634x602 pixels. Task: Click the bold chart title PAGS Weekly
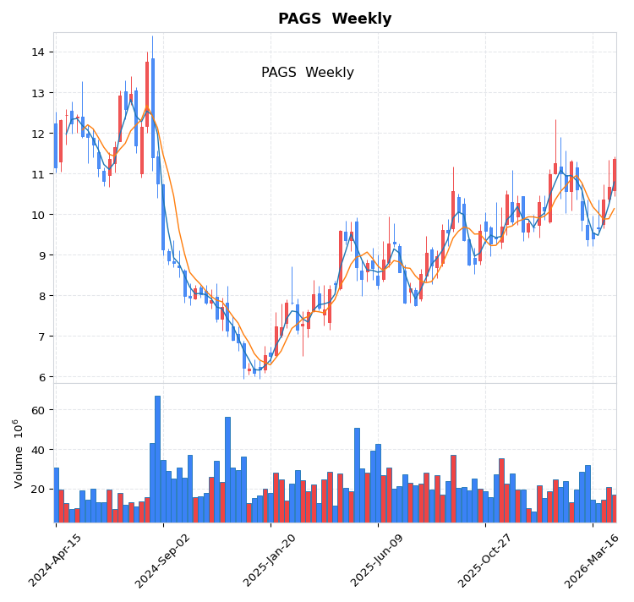coord(335,19)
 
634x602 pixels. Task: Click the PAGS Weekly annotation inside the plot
coord(308,73)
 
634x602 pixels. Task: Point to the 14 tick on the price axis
coord(38,52)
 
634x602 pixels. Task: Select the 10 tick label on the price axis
coord(38,215)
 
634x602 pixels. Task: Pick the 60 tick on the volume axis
coord(38,410)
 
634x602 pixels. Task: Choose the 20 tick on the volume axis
coord(38,489)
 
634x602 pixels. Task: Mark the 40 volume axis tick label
coord(38,450)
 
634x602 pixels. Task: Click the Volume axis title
coord(19,453)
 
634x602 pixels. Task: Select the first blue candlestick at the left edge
coord(56,145)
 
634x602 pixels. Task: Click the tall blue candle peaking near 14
coord(153,108)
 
